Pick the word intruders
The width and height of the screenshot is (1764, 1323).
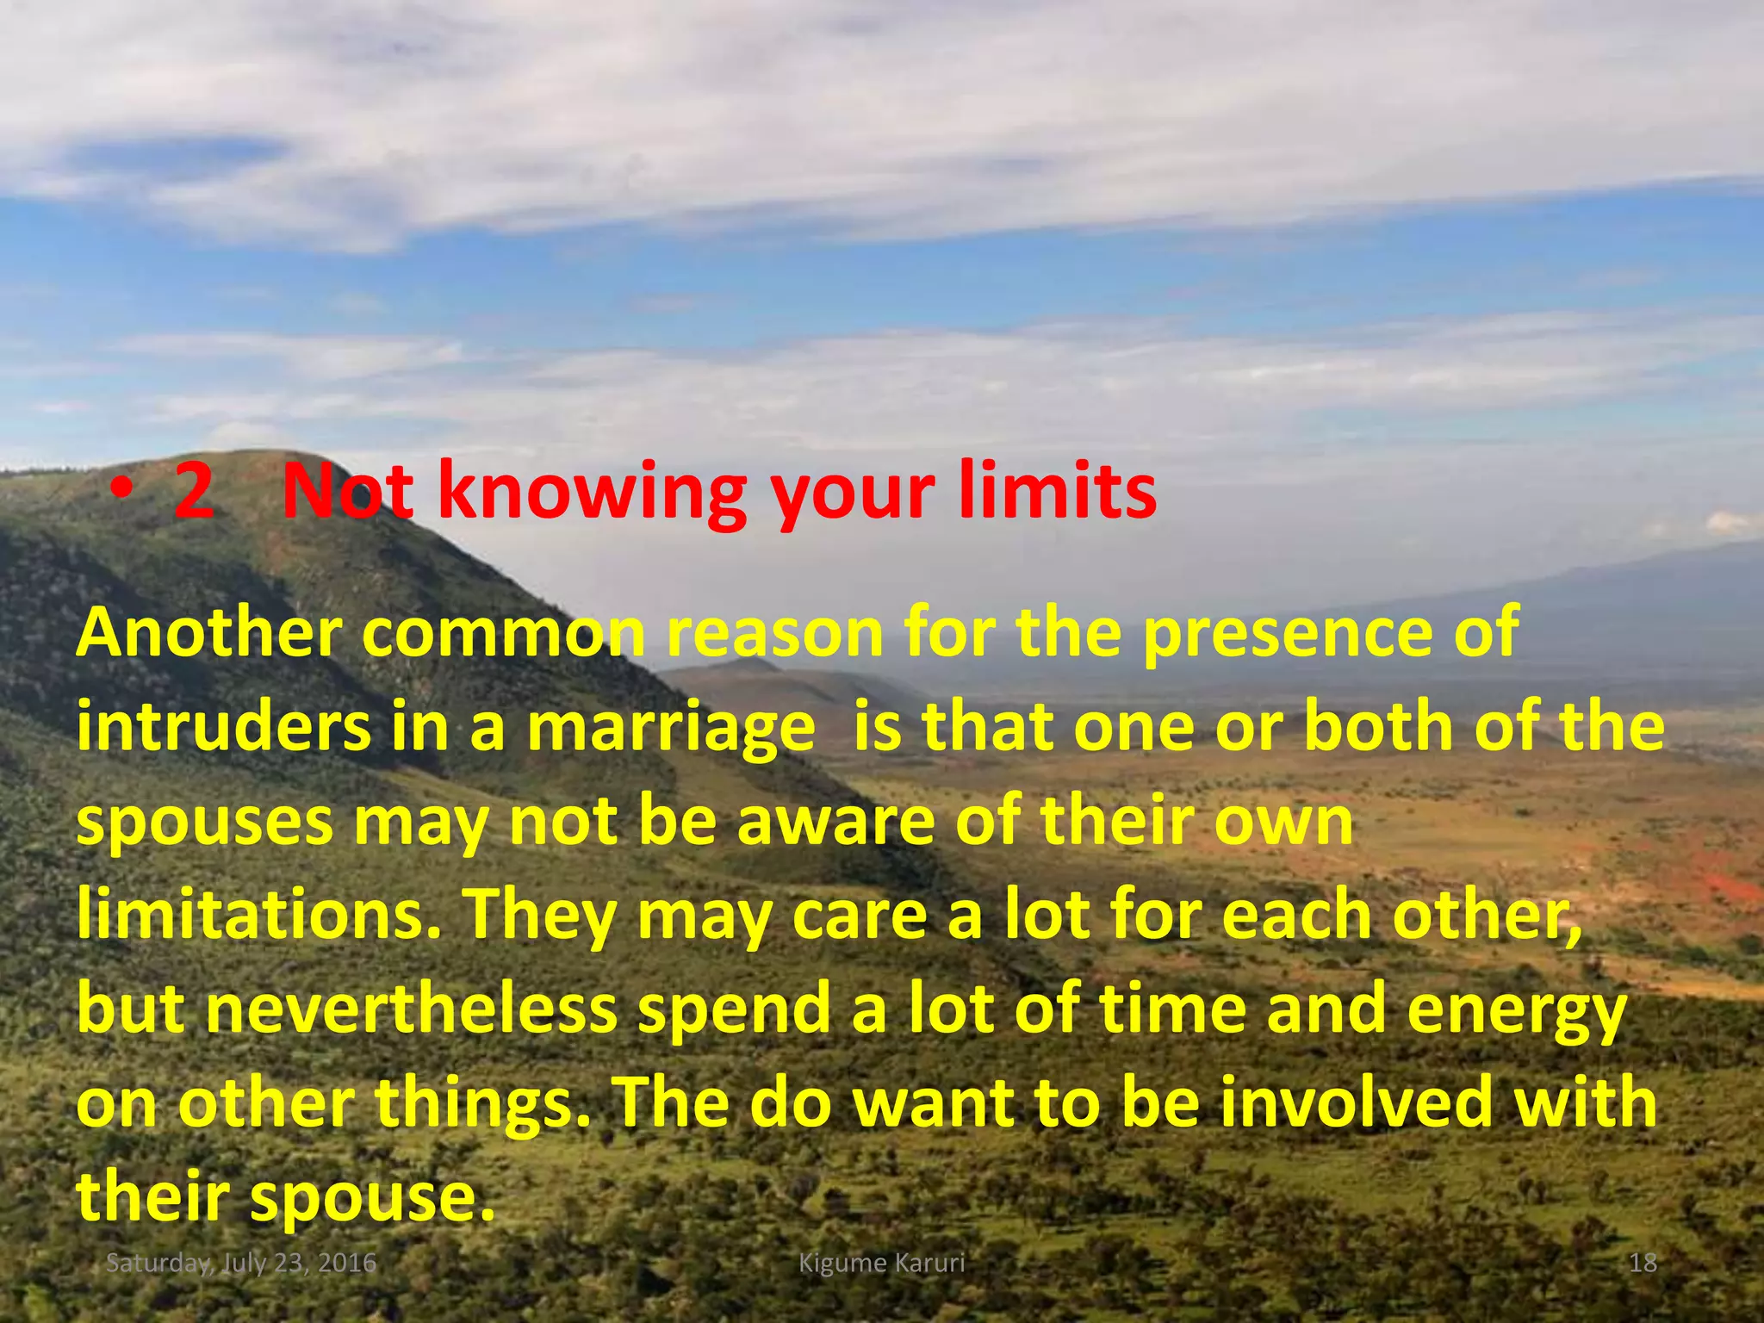tap(222, 727)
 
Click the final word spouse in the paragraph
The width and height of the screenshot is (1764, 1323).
tap(370, 1200)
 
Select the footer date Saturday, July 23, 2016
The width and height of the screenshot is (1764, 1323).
tap(241, 1264)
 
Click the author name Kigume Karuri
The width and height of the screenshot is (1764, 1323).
tap(881, 1264)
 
